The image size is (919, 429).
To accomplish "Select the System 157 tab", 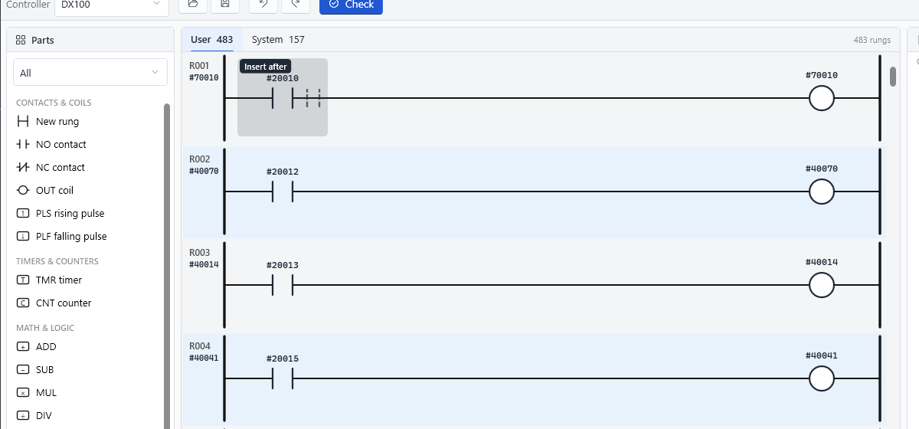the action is (x=278, y=39).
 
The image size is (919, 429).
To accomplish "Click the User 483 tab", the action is (x=211, y=39).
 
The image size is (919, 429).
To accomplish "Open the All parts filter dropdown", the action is (x=90, y=73).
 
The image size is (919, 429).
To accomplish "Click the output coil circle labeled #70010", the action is (x=821, y=99).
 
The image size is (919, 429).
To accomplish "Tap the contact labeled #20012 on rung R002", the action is (x=283, y=192).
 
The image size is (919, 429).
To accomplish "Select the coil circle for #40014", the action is (x=821, y=285).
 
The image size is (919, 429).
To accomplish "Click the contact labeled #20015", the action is (x=283, y=378).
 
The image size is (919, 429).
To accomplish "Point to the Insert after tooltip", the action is (x=266, y=67).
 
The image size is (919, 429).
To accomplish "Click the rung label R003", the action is (x=199, y=253).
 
